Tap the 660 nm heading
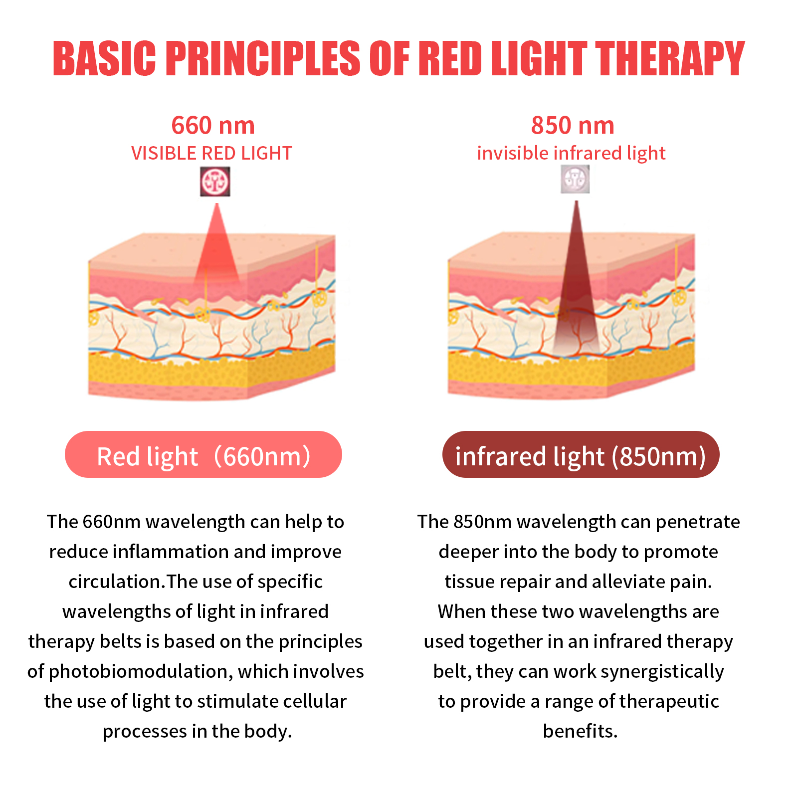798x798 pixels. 213,125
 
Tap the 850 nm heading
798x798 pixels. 573,125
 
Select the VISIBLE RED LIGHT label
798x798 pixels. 211,153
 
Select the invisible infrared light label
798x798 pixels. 571,153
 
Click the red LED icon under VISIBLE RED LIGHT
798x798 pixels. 215,182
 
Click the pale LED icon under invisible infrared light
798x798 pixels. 575,179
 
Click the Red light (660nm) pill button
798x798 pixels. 203,454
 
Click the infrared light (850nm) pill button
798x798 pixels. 581,454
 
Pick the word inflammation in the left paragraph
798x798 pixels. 171,552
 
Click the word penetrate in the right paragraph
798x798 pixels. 698,522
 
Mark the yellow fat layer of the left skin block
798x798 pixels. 211,367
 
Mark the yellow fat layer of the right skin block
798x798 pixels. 571,367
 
